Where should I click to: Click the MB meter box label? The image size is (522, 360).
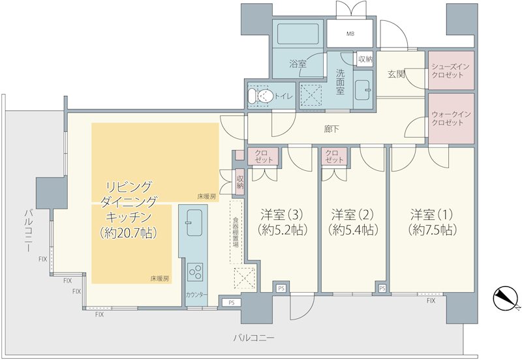click(x=350, y=34)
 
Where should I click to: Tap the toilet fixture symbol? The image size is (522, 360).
click(x=260, y=96)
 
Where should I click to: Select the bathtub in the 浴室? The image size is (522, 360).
click(x=298, y=34)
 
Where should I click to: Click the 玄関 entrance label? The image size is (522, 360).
click(x=397, y=74)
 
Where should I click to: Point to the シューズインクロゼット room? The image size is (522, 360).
click(x=451, y=70)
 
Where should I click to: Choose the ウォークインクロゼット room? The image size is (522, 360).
click(x=451, y=119)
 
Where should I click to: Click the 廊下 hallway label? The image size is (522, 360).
click(x=331, y=129)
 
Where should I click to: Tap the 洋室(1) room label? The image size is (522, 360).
click(x=432, y=215)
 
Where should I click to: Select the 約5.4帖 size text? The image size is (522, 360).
click(x=352, y=230)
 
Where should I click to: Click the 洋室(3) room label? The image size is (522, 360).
click(x=282, y=215)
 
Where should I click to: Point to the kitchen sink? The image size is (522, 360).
click(x=194, y=222)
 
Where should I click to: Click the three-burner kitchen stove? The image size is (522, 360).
click(x=195, y=272)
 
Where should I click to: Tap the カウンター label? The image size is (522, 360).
click(x=196, y=294)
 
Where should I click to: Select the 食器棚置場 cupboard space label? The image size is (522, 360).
click(x=236, y=233)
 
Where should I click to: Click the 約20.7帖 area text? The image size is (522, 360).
click(x=129, y=233)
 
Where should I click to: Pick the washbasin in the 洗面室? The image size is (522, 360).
click(x=363, y=89)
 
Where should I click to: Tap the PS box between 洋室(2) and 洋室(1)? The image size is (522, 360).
click(x=382, y=288)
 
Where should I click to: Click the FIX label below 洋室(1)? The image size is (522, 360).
click(x=431, y=301)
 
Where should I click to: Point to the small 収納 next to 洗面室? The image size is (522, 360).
click(x=365, y=59)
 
